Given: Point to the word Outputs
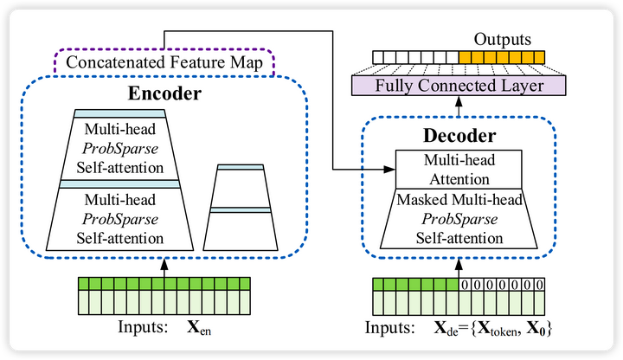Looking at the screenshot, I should click(504, 40).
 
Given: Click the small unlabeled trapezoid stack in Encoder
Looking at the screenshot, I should click(240, 208).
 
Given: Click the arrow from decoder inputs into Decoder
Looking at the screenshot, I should click(458, 263).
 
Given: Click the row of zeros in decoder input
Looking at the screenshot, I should click(502, 285).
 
